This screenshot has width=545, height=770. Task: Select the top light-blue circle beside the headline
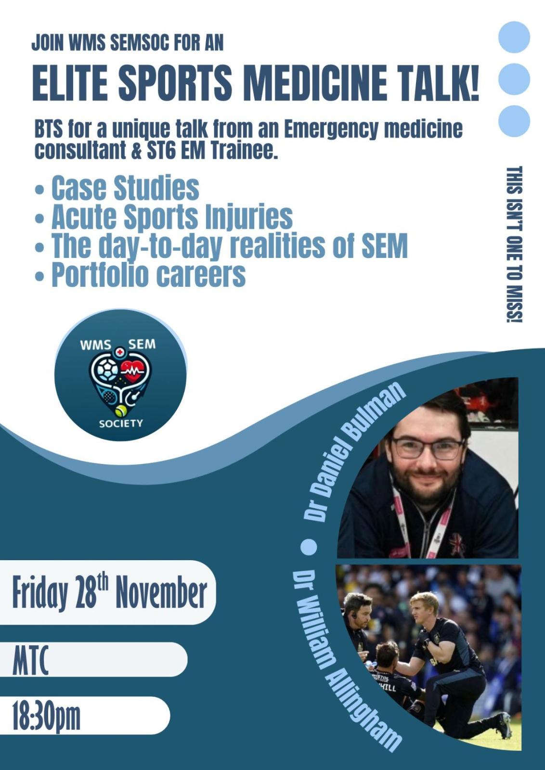(x=514, y=37)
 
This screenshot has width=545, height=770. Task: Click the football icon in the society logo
(x=104, y=370)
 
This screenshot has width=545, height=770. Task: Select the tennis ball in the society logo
(x=121, y=411)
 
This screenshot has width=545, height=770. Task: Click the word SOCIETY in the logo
(x=121, y=423)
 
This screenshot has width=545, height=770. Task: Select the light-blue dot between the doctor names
(x=309, y=547)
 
